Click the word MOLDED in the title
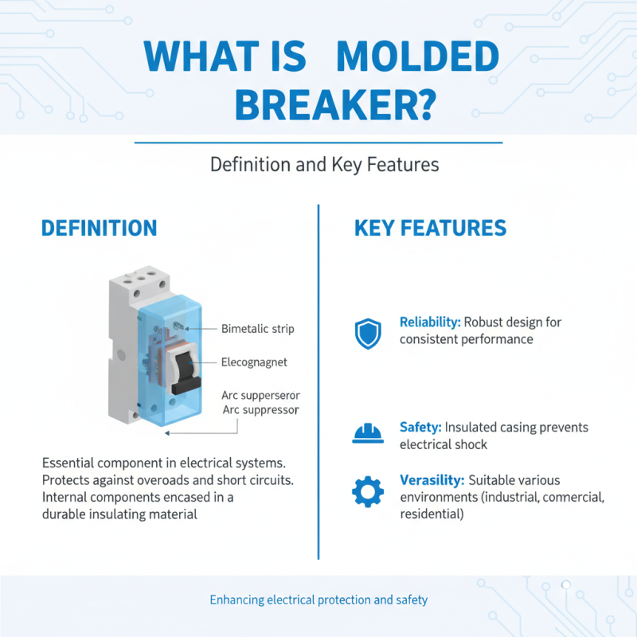417,58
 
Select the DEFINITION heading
99,229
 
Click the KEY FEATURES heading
430,229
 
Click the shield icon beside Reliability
367,334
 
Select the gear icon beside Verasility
367,491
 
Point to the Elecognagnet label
254,362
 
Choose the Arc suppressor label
260,410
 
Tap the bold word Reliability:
430,323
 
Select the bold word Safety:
420,428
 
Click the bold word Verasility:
432,481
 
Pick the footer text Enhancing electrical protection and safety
318,600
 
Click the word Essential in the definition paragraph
71,462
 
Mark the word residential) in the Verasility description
431,514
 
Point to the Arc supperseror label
260,395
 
